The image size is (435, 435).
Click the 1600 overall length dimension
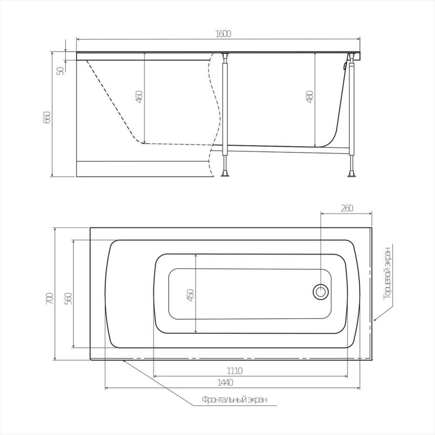tap(223, 34)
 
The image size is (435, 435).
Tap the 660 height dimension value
tap(47, 118)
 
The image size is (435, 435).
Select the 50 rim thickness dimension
tap(61, 71)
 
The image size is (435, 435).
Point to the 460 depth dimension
tap(139, 97)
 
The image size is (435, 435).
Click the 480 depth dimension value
tap(310, 97)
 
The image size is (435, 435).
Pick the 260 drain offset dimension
tap(347, 208)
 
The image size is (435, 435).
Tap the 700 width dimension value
tap(49, 299)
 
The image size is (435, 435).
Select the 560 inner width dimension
tap(68, 299)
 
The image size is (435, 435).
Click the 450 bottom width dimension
tap(191, 295)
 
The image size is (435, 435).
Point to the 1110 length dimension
tap(235, 371)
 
